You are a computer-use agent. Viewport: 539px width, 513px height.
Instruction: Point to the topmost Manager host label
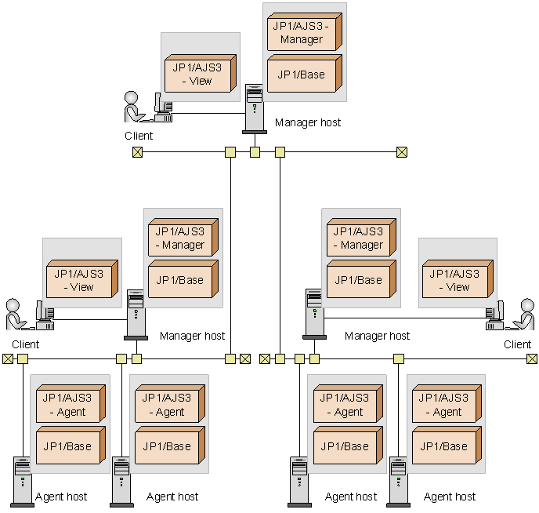[308, 122]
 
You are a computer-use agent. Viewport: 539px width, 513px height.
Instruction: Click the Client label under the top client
[139, 136]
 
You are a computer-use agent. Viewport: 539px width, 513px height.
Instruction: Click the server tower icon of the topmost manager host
[255, 108]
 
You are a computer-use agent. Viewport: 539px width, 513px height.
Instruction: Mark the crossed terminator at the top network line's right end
[402, 152]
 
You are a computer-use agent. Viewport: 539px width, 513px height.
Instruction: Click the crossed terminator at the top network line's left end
[137, 152]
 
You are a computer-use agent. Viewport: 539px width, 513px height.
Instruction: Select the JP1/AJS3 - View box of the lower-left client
[81, 280]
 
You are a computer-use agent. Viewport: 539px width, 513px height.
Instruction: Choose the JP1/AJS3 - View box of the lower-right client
[457, 280]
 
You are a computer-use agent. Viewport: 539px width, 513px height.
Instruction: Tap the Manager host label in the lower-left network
[192, 336]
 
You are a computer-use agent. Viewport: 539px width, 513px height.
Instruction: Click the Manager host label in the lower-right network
[377, 336]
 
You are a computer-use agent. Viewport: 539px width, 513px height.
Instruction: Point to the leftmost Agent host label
[61, 497]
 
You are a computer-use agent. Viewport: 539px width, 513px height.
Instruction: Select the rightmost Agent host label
[450, 497]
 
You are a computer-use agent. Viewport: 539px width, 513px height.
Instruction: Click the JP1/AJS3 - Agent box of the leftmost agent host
[69, 405]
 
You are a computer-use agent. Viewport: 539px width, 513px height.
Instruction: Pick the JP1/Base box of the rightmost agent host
[446, 446]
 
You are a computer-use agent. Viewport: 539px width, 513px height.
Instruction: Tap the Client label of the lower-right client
[517, 344]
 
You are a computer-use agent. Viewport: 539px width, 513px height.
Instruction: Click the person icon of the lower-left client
[15, 314]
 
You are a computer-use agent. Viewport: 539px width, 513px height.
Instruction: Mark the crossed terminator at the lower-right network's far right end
[532, 359]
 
